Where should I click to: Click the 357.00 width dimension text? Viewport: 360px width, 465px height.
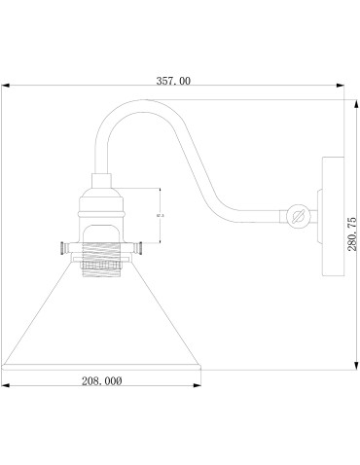click(173, 83)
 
